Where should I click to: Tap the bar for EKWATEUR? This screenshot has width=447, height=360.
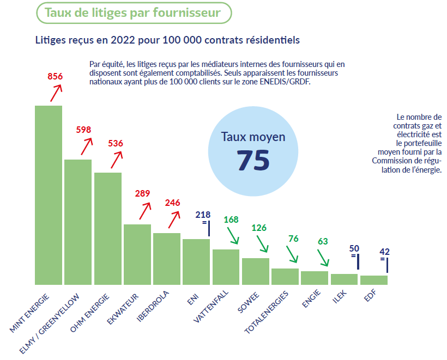[x=137, y=254]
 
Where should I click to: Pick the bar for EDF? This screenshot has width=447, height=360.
[x=374, y=280]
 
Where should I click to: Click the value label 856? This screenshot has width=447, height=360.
[x=56, y=76]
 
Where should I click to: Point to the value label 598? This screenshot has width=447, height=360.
[x=83, y=130]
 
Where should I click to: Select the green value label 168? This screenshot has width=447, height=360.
[x=231, y=220]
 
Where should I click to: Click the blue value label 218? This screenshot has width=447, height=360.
[x=203, y=215]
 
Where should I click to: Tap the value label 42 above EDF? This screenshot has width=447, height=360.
[x=385, y=252]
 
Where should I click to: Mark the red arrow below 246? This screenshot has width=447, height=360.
[x=173, y=219]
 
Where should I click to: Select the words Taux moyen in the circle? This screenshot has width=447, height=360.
[x=253, y=137]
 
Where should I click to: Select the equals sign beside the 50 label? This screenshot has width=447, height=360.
[x=353, y=255]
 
